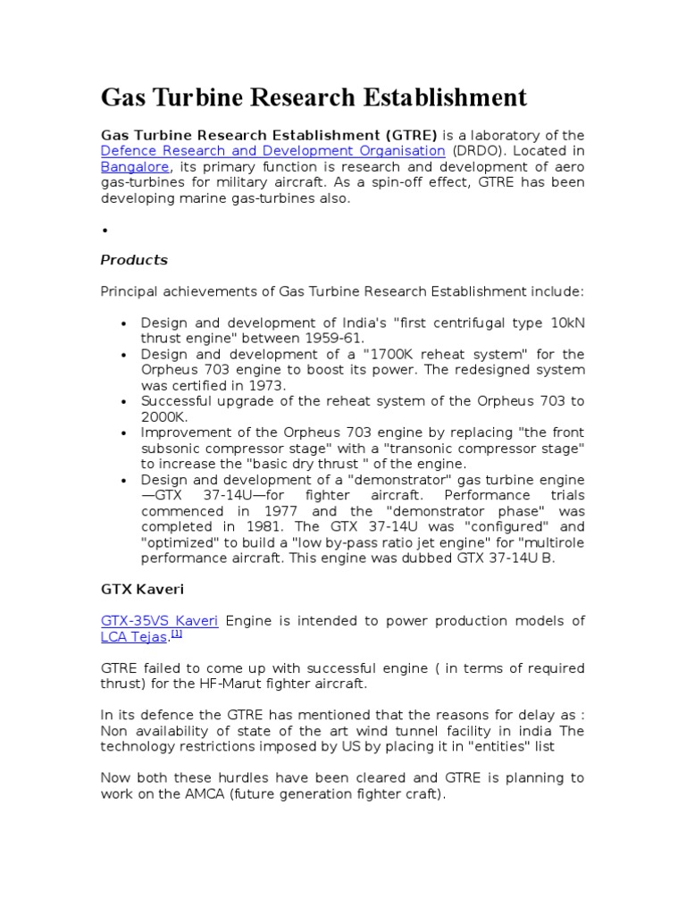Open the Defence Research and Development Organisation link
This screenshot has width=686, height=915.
tap(272, 151)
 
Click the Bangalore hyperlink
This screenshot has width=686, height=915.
tap(133, 167)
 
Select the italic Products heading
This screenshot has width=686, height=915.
tap(134, 260)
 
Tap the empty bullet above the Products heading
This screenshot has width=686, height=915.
tap(105, 231)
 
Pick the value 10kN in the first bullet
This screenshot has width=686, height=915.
tap(564, 323)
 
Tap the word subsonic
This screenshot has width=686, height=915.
tap(172, 449)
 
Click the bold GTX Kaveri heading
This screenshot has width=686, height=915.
tap(143, 591)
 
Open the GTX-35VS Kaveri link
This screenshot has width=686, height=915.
tap(159, 621)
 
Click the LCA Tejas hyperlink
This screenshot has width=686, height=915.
tap(134, 638)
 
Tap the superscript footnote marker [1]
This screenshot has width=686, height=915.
tap(177, 634)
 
